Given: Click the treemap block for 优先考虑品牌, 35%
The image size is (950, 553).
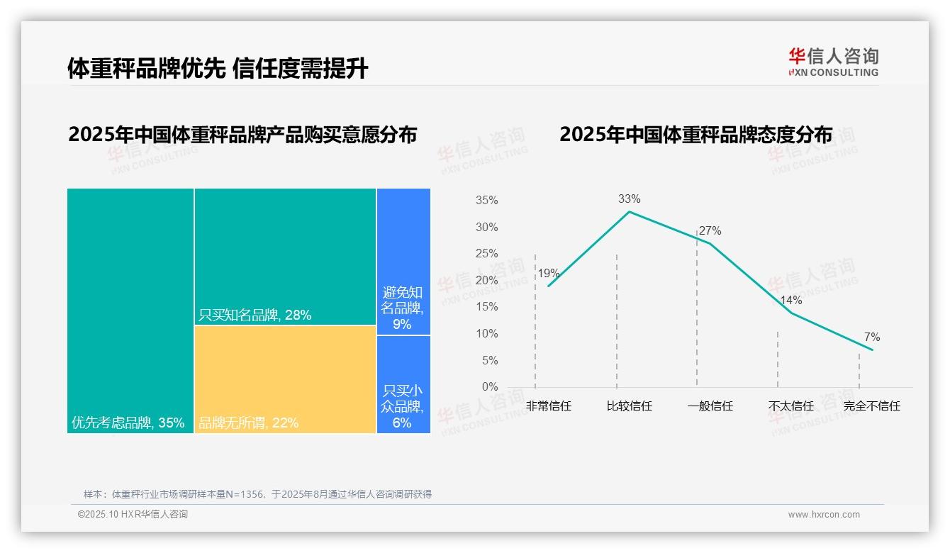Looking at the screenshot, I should (130, 311).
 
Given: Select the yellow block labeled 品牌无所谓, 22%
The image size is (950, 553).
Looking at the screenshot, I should (285, 379).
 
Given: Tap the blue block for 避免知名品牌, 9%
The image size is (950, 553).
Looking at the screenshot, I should (403, 261).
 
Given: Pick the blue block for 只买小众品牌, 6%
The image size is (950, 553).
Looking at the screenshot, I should (403, 384).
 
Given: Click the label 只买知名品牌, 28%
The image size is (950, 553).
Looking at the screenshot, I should (255, 315).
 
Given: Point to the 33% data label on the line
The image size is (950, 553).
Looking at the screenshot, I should (629, 199).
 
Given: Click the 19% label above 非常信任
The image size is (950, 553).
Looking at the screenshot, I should (548, 274).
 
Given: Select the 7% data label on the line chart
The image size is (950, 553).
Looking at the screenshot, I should (871, 337).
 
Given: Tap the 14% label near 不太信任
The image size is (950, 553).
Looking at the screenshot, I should (790, 300).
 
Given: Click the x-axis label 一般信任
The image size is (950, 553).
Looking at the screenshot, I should (710, 406).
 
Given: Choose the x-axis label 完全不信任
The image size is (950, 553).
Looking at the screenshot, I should (871, 406).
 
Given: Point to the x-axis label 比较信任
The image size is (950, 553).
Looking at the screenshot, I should (629, 406).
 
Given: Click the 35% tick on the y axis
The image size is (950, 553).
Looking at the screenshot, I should (486, 201).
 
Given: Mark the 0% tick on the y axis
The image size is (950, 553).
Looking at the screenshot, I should (489, 387).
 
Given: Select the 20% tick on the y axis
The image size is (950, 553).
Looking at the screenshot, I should (486, 281).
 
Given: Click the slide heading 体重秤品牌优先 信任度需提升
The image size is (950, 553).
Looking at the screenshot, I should (218, 68).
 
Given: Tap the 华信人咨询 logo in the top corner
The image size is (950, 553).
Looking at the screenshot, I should (833, 62).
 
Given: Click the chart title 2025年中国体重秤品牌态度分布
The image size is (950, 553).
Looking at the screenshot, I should (695, 135).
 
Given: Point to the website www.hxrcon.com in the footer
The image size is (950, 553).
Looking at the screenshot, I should (824, 515).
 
